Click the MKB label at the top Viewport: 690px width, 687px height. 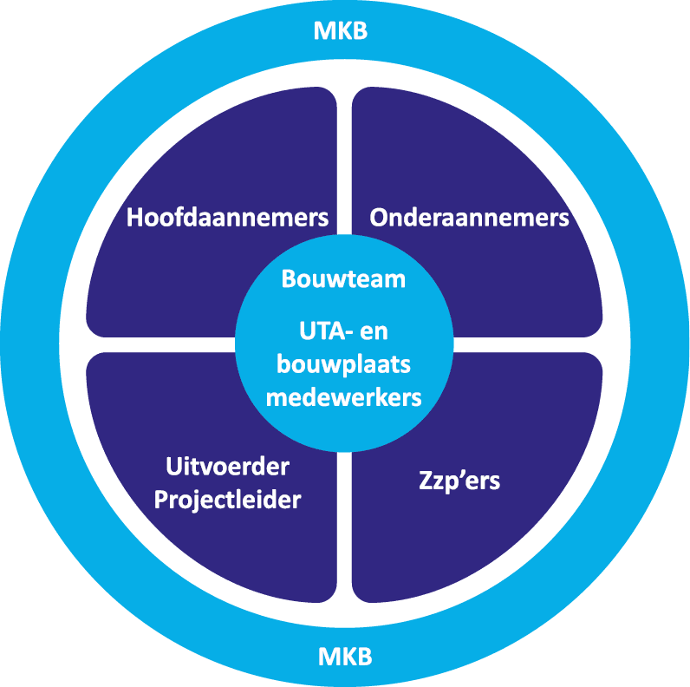(341, 32)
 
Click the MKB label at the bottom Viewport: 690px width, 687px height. (344, 655)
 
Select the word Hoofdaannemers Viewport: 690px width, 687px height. (227, 218)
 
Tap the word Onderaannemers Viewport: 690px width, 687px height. (469, 218)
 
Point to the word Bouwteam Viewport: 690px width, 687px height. (344, 280)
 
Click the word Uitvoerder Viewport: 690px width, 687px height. (227, 468)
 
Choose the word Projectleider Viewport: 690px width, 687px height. (227, 501)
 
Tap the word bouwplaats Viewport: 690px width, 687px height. (344, 364)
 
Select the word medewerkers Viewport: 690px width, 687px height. (344, 397)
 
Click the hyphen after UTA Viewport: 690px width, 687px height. (354, 333)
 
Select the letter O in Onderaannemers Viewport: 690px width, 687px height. (379, 218)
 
